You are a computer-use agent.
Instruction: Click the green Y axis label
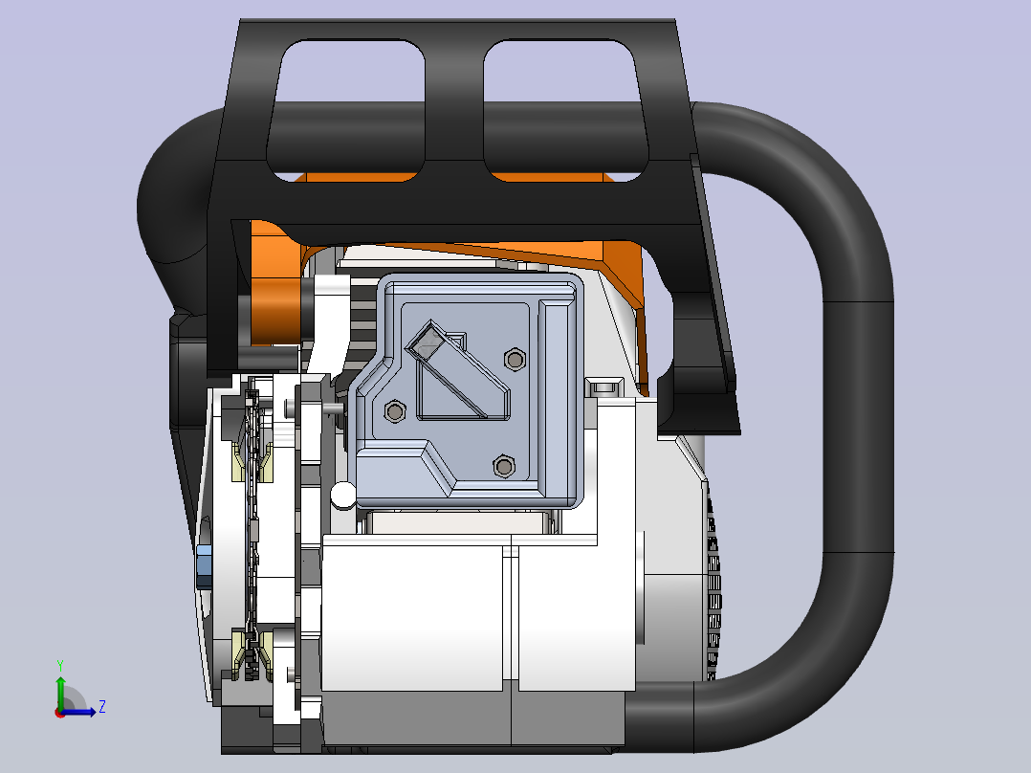pos(60,666)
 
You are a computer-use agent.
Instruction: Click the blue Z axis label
pos(102,707)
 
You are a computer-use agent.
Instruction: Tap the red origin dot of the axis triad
pos(60,713)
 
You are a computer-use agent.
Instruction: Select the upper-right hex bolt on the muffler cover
pos(515,360)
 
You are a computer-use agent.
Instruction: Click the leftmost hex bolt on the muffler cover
pos(394,411)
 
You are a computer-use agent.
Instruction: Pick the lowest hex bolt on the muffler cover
pos(504,467)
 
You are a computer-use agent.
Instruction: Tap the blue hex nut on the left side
pos(204,566)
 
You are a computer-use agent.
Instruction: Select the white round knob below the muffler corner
pos(342,496)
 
